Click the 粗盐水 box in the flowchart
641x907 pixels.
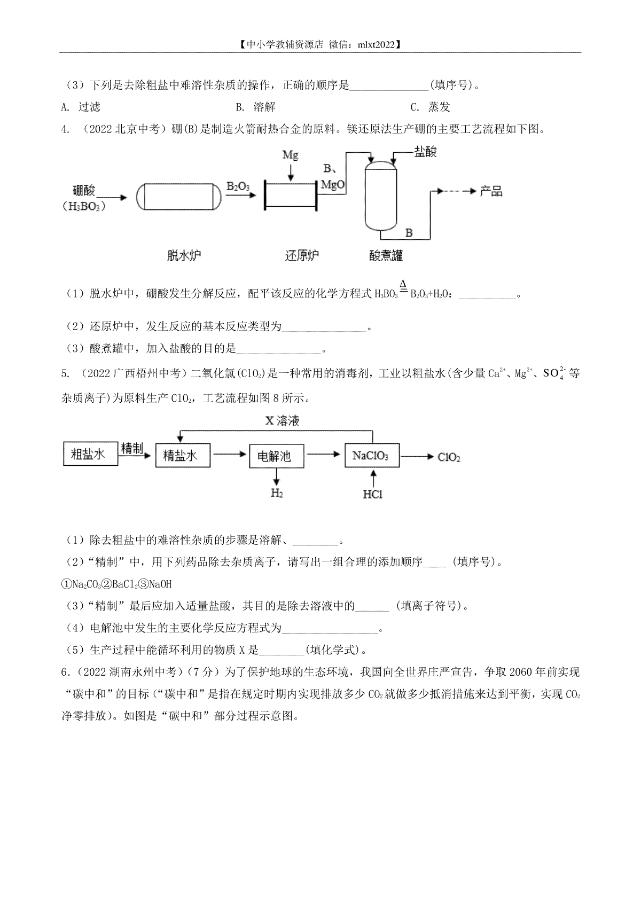click(90, 454)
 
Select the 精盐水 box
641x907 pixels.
click(183, 456)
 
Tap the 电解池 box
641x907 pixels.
click(277, 456)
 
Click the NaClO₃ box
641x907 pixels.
click(372, 456)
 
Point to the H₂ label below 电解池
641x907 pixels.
click(277, 493)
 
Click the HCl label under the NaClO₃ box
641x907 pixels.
click(372, 495)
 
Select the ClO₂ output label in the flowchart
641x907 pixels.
click(449, 457)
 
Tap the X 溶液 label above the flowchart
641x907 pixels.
click(282, 421)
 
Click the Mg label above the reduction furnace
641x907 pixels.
click(290, 155)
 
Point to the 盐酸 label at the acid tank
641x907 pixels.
click(425, 152)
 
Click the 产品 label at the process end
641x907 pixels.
click(491, 191)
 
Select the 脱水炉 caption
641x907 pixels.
click(184, 255)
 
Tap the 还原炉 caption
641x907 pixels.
click(302, 255)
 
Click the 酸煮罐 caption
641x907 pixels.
click(386, 255)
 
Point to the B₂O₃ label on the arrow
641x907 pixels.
click(238, 186)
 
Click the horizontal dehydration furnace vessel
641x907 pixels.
click(178, 197)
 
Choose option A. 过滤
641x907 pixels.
click(81, 107)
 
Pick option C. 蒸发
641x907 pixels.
click(430, 107)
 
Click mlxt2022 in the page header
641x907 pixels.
click(376, 45)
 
